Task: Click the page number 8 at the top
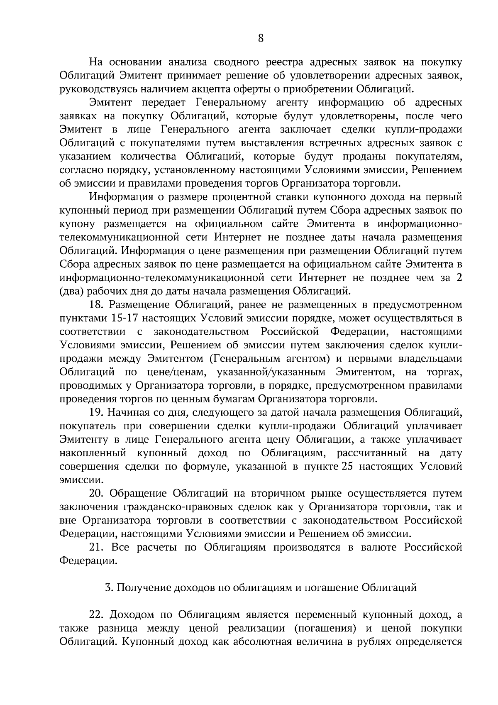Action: click(261, 38)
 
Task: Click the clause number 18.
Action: click(97, 305)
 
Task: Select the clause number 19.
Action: click(97, 413)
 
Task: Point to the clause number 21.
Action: click(96, 548)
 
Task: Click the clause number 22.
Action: click(97, 614)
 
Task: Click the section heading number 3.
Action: click(109, 587)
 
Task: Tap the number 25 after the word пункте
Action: click(347, 467)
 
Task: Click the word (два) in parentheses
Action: click(73, 291)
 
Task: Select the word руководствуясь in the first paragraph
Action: click(98, 89)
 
